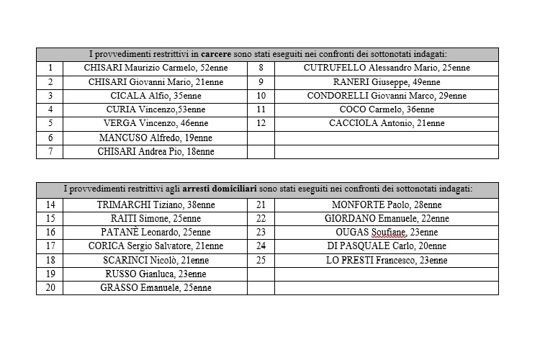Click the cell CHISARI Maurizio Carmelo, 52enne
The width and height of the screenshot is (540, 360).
click(156, 68)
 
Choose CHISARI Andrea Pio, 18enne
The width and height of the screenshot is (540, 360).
click(156, 151)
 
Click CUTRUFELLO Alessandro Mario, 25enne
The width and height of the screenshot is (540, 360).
click(386, 68)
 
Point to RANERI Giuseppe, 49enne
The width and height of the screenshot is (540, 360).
click(386, 82)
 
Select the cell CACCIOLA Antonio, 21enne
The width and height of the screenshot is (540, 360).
click(386, 123)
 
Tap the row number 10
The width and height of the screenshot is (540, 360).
click(261, 96)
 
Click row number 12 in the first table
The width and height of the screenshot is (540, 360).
click(261, 123)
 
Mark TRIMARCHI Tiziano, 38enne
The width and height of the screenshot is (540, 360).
click(156, 204)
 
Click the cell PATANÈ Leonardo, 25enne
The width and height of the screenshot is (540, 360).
click(156, 232)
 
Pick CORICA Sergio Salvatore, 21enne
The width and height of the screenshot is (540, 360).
click(156, 246)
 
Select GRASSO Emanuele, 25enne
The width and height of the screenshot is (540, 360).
click(156, 287)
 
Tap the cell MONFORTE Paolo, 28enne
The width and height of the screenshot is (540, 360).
click(386, 204)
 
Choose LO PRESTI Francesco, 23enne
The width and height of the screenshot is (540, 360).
click(386, 260)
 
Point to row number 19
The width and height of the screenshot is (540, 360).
click(50, 274)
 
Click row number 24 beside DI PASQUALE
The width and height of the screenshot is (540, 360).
click(261, 246)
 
